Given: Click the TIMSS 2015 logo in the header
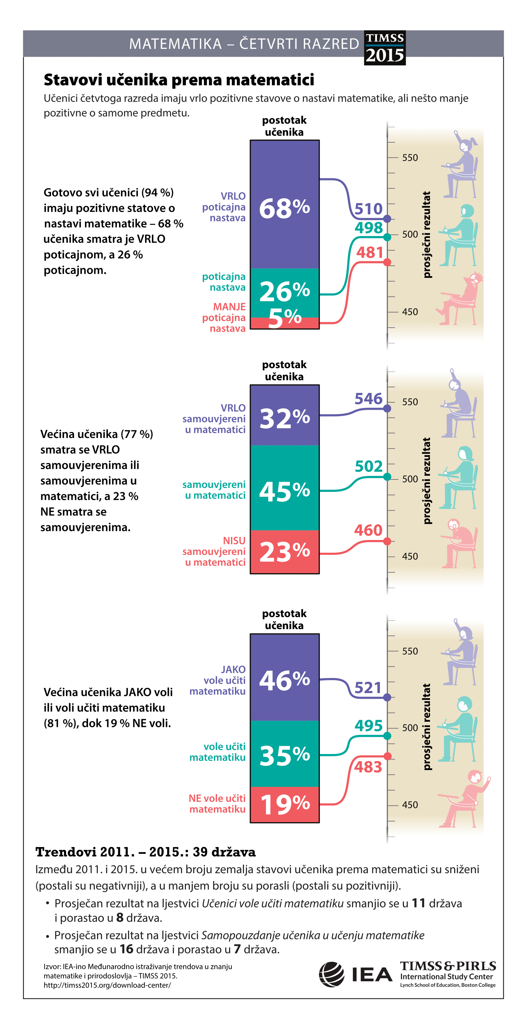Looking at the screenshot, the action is [x=385, y=47].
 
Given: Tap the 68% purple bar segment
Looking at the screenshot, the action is [x=285, y=204].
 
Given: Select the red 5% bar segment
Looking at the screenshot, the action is [x=285, y=323].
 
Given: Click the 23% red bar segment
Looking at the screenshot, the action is [x=285, y=551].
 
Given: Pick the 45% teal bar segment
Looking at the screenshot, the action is [x=285, y=488].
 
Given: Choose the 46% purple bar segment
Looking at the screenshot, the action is [x=285, y=677].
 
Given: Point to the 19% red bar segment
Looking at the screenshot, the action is [x=285, y=804].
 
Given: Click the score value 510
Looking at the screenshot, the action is [x=369, y=209].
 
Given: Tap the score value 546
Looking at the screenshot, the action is [x=369, y=399].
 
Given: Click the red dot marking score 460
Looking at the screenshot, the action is [x=387, y=541].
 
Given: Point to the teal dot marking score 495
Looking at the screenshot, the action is [x=387, y=736].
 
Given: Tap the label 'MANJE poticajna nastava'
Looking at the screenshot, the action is [x=224, y=318].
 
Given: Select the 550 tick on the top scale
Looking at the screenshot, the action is [x=410, y=158].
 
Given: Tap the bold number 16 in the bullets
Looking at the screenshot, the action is [x=126, y=949].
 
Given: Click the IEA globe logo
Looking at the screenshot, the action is [x=332, y=974].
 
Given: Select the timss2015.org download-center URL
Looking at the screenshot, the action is [x=107, y=985].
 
